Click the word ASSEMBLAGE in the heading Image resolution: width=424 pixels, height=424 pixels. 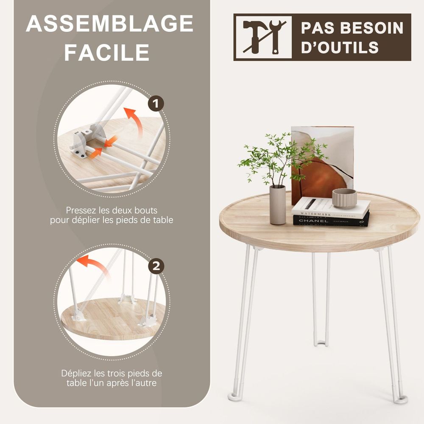[109, 23]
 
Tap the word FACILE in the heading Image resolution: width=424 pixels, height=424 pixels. [107, 52]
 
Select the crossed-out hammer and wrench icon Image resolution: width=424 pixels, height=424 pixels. [264, 37]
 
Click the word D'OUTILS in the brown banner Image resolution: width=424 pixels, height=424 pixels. [340, 47]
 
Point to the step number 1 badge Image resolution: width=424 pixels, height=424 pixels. [156, 103]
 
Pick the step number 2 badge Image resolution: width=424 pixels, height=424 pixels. [156, 266]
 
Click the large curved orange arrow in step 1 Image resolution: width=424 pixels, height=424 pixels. [134, 122]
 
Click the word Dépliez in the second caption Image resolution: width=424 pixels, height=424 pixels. [76, 374]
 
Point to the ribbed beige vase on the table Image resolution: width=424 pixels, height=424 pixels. [278, 205]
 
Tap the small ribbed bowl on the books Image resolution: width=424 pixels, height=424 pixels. [344, 198]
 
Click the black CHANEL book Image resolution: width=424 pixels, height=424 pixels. [331, 220]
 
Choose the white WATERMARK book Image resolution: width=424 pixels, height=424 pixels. [331, 208]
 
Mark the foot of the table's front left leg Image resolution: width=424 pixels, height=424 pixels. [233, 397]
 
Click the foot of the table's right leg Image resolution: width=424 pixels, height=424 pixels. [402, 400]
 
